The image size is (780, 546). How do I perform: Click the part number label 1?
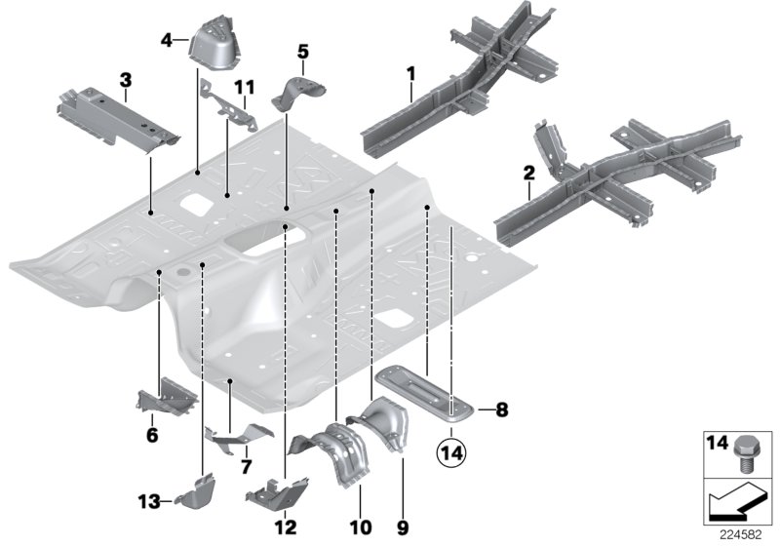[410, 72]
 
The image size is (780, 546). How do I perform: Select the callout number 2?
[528, 173]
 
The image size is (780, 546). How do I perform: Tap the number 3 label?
[125, 78]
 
